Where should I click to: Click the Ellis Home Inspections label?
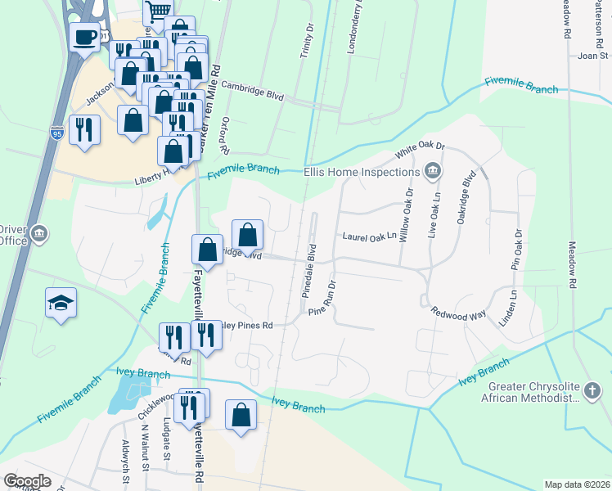tap(361, 172)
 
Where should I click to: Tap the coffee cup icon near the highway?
tap(84, 37)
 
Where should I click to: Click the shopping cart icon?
tap(157, 11)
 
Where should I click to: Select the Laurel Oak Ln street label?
tap(368, 236)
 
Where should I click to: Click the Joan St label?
tap(592, 56)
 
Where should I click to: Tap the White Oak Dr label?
tap(419, 150)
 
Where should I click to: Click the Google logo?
tap(27, 481)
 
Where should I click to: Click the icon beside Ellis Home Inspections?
tap(432, 172)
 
